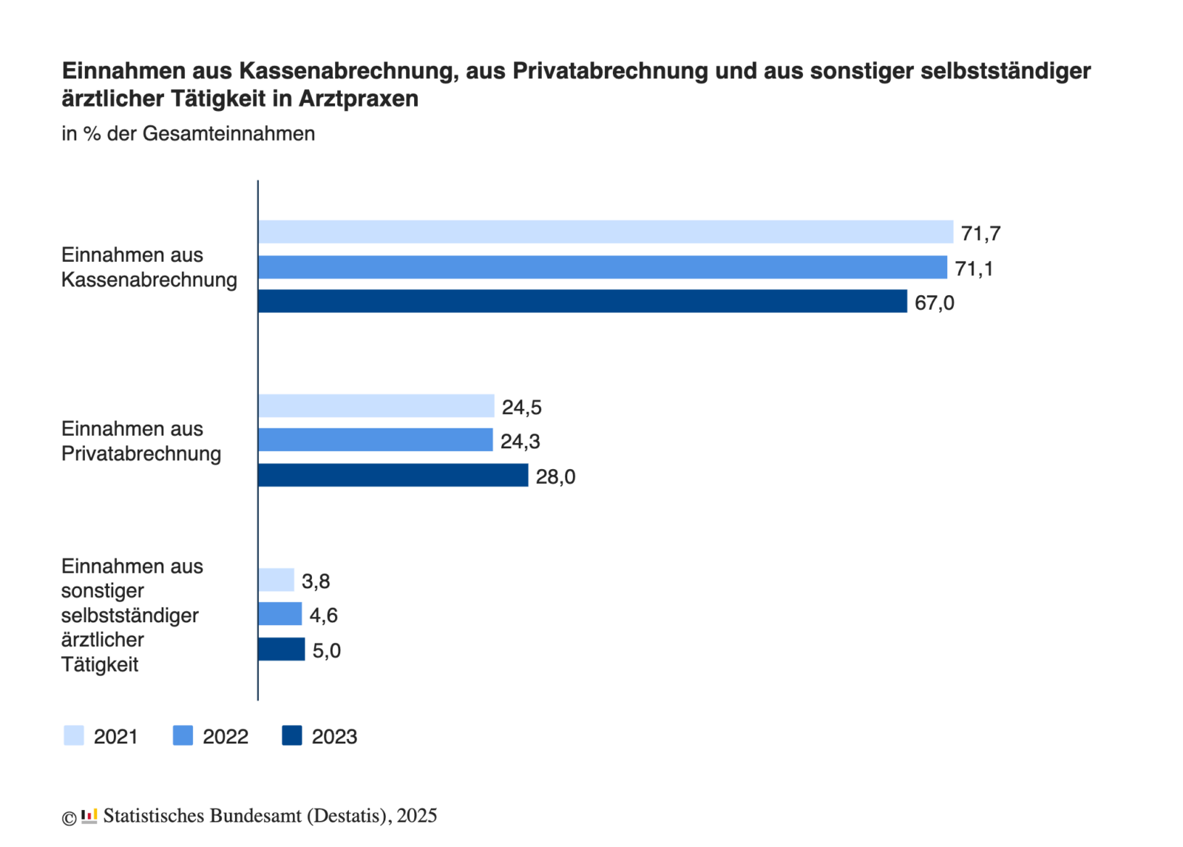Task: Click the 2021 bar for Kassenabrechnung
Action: tap(605, 232)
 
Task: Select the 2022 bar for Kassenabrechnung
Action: tap(602, 267)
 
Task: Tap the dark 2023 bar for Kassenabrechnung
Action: tap(582, 301)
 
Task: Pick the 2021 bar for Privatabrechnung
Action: tap(376, 405)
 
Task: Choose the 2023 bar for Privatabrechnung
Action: tap(393, 475)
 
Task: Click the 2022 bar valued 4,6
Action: tap(279, 614)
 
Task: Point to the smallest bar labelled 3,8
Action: tap(276, 580)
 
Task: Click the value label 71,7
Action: tap(980, 234)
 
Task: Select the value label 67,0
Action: tap(934, 303)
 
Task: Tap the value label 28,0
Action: tap(555, 477)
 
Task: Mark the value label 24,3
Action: tap(520, 442)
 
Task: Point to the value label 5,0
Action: tap(326, 651)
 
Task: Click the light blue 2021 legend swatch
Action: tap(74, 735)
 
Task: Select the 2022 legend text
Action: tap(226, 737)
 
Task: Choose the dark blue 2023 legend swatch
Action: tap(292, 735)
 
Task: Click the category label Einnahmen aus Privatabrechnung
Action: tap(141, 441)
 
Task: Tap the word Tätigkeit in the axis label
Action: tap(100, 664)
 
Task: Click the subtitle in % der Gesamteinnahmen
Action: tap(188, 134)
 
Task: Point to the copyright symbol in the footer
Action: tap(69, 817)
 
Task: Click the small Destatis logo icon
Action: tap(89, 816)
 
